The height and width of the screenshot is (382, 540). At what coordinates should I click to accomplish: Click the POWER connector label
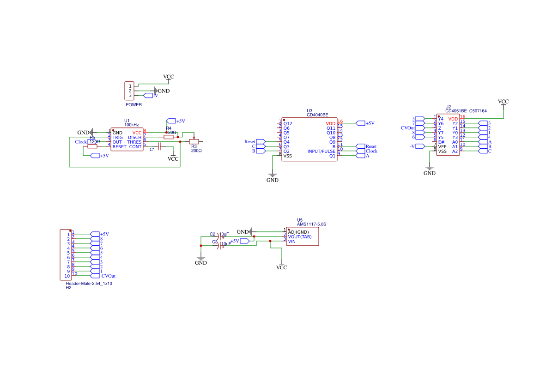coord(133,105)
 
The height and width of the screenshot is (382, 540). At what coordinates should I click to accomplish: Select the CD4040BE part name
coord(317,115)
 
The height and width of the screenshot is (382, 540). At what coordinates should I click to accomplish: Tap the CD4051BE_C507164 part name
coord(466,111)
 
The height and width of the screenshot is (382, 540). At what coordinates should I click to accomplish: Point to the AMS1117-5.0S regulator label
coord(311,224)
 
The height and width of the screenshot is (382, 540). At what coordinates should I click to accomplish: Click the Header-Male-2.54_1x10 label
coord(89,283)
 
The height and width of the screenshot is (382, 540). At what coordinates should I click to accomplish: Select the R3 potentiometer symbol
coord(194,141)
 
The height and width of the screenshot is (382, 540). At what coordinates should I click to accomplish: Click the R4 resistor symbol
coord(169,137)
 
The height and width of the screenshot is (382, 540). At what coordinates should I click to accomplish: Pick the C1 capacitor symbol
coord(159,146)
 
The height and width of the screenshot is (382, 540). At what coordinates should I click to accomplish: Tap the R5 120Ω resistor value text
coord(94,142)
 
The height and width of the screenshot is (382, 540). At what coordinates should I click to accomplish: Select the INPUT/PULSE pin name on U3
coord(321,152)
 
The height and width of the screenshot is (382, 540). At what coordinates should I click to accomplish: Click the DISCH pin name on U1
coord(134,137)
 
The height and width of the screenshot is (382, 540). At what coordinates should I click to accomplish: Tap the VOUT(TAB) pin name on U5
coord(299,236)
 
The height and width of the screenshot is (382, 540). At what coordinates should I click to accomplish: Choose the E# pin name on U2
coord(441,142)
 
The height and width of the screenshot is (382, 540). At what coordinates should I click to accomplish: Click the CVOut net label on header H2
coord(108,276)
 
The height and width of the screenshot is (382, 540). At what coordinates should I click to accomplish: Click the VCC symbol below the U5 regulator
coord(281,267)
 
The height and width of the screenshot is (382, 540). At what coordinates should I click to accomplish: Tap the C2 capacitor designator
coord(212,234)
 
